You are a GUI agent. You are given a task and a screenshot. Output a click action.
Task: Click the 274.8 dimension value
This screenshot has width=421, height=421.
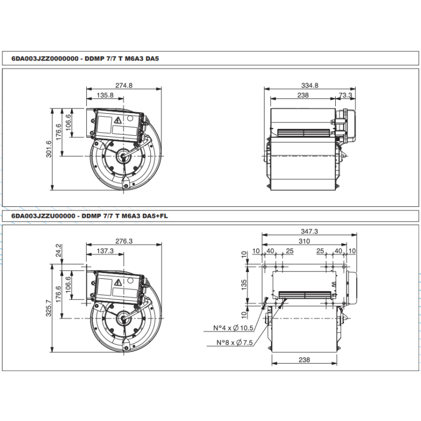[124, 85]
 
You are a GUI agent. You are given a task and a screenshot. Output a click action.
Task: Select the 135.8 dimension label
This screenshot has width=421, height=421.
[105, 95]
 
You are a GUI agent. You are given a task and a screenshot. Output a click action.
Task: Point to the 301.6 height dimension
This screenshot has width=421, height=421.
[48, 149]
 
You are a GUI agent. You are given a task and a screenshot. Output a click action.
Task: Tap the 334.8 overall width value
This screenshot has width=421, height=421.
[309, 85]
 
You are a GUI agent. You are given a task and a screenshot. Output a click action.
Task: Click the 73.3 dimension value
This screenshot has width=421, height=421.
[345, 95]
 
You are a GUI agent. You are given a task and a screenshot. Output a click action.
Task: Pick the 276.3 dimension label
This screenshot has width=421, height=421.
[124, 241]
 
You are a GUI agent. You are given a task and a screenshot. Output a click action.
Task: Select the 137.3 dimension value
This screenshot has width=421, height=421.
[105, 251]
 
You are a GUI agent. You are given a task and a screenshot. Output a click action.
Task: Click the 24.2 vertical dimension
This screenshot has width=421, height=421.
[58, 250]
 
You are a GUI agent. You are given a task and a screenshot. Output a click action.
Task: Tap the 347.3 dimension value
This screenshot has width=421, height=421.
[309, 232]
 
